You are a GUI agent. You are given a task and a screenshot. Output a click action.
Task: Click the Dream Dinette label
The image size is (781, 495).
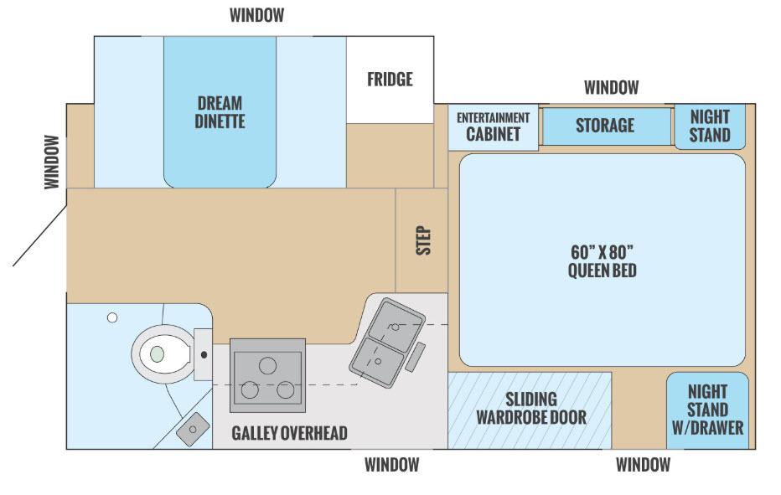[x=220, y=112]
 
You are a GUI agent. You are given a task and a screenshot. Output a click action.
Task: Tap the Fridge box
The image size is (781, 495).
[x=390, y=80]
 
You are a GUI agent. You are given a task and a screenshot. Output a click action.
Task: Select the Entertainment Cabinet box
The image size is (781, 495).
[x=493, y=126]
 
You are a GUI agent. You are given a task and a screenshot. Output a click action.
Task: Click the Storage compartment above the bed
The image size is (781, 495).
[x=605, y=126]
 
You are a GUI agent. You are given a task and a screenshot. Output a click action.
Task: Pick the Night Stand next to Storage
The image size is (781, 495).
[x=710, y=126]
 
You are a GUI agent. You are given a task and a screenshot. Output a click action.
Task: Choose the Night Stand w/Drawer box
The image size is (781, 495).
[x=706, y=410]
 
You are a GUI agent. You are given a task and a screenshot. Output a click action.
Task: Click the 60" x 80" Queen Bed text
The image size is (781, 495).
[x=602, y=260]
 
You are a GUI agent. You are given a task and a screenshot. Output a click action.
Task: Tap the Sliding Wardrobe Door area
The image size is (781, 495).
[x=530, y=409]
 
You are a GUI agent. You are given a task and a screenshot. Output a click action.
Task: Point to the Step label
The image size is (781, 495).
[x=423, y=240]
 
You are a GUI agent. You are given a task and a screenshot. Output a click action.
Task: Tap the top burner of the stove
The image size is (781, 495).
[x=267, y=366]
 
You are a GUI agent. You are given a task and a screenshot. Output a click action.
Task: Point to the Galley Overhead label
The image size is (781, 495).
[x=289, y=433]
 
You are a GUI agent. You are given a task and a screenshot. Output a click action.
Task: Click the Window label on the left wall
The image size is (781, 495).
[x=53, y=162]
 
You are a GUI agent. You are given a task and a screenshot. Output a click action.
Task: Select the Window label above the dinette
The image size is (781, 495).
[x=256, y=15]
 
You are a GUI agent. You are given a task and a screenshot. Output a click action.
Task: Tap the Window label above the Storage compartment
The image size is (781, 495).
[x=611, y=87]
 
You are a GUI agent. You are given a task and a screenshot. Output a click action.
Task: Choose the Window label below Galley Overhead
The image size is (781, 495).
[x=391, y=465]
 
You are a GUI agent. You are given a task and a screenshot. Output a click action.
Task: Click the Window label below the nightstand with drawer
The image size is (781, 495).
[x=643, y=465]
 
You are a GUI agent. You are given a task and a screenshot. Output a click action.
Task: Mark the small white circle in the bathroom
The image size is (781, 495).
[x=111, y=317]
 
